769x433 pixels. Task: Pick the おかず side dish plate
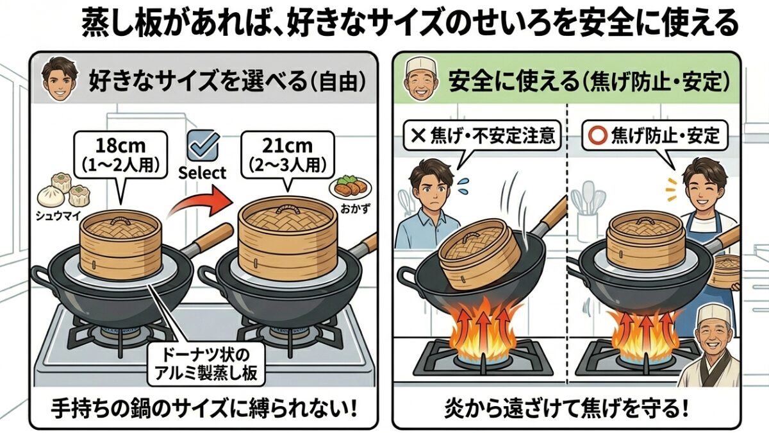coord(350,188)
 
